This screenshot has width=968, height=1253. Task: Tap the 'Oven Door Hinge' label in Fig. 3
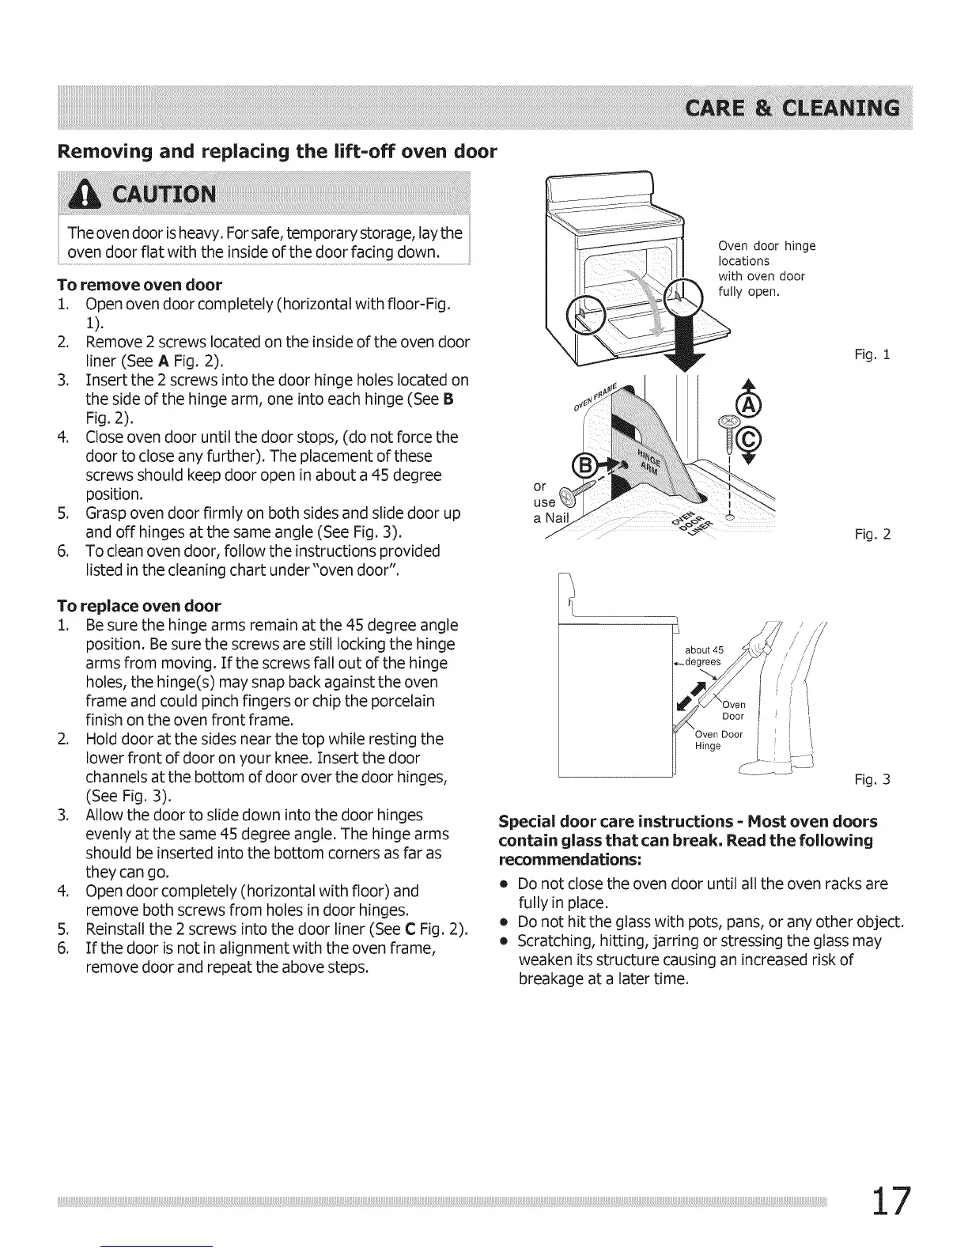718,740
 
